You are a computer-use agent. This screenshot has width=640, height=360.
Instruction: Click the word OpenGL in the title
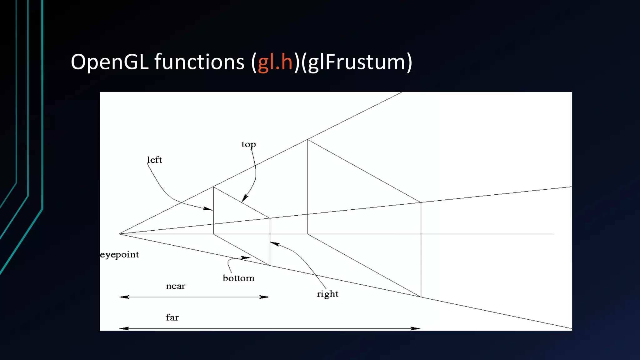pyautogui.click(x=109, y=62)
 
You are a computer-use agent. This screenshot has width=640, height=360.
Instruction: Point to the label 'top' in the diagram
pyautogui.click(x=248, y=144)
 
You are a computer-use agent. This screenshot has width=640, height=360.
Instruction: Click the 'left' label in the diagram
pyautogui.click(x=154, y=160)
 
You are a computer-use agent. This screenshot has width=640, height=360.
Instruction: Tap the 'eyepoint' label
pyautogui.click(x=119, y=255)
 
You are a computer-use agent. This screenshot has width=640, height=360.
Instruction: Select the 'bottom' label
pyautogui.click(x=238, y=278)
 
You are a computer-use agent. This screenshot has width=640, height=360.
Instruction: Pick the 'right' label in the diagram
pyautogui.click(x=327, y=294)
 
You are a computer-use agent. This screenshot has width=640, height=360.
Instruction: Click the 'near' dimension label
pyautogui.click(x=176, y=286)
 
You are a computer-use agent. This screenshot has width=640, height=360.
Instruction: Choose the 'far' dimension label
pyautogui.click(x=172, y=318)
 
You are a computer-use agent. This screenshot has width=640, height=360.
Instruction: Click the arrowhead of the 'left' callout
pyautogui.click(x=209, y=209)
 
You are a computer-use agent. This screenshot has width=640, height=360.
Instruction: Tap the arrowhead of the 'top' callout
pyautogui.click(x=244, y=199)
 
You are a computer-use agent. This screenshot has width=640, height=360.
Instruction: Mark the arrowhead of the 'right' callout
pyautogui.click(x=274, y=243)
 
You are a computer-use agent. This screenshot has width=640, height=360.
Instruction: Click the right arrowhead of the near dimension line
pyautogui.click(x=265, y=297)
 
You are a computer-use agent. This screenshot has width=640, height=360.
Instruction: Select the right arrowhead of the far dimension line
pyautogui.click(x=416, y=328)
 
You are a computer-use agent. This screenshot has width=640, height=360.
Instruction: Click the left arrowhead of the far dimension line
pyautogui.click(x=124, y=328)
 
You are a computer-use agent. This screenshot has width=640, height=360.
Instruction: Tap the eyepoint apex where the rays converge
pyautogui.click(x=119, y=234)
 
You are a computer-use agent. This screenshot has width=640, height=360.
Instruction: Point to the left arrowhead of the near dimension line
pyautogui.click(x=124, y=297)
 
